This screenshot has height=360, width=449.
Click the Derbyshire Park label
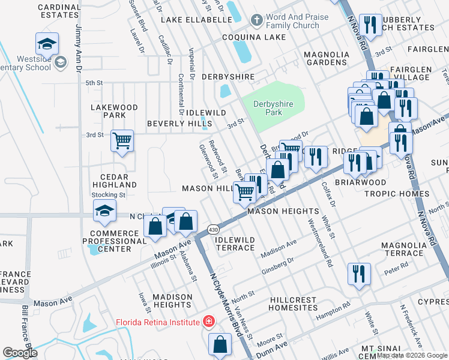[x=273, y=108]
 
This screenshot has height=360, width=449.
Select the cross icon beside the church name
[x=256, y=21]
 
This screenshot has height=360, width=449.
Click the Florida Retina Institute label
[x=157, y=323]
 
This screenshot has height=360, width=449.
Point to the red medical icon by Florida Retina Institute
[x=208, y=323]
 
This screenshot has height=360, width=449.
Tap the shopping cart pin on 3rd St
[x=122, y=141]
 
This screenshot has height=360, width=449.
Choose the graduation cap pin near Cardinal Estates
[x=46, y=44]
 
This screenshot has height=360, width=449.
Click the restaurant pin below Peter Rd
[x=359, y=274]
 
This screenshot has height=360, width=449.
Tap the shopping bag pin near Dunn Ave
[x=220, y=344]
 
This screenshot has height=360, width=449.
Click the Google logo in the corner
[x=20, y=353]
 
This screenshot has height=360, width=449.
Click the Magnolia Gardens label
[x=327, y=58]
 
